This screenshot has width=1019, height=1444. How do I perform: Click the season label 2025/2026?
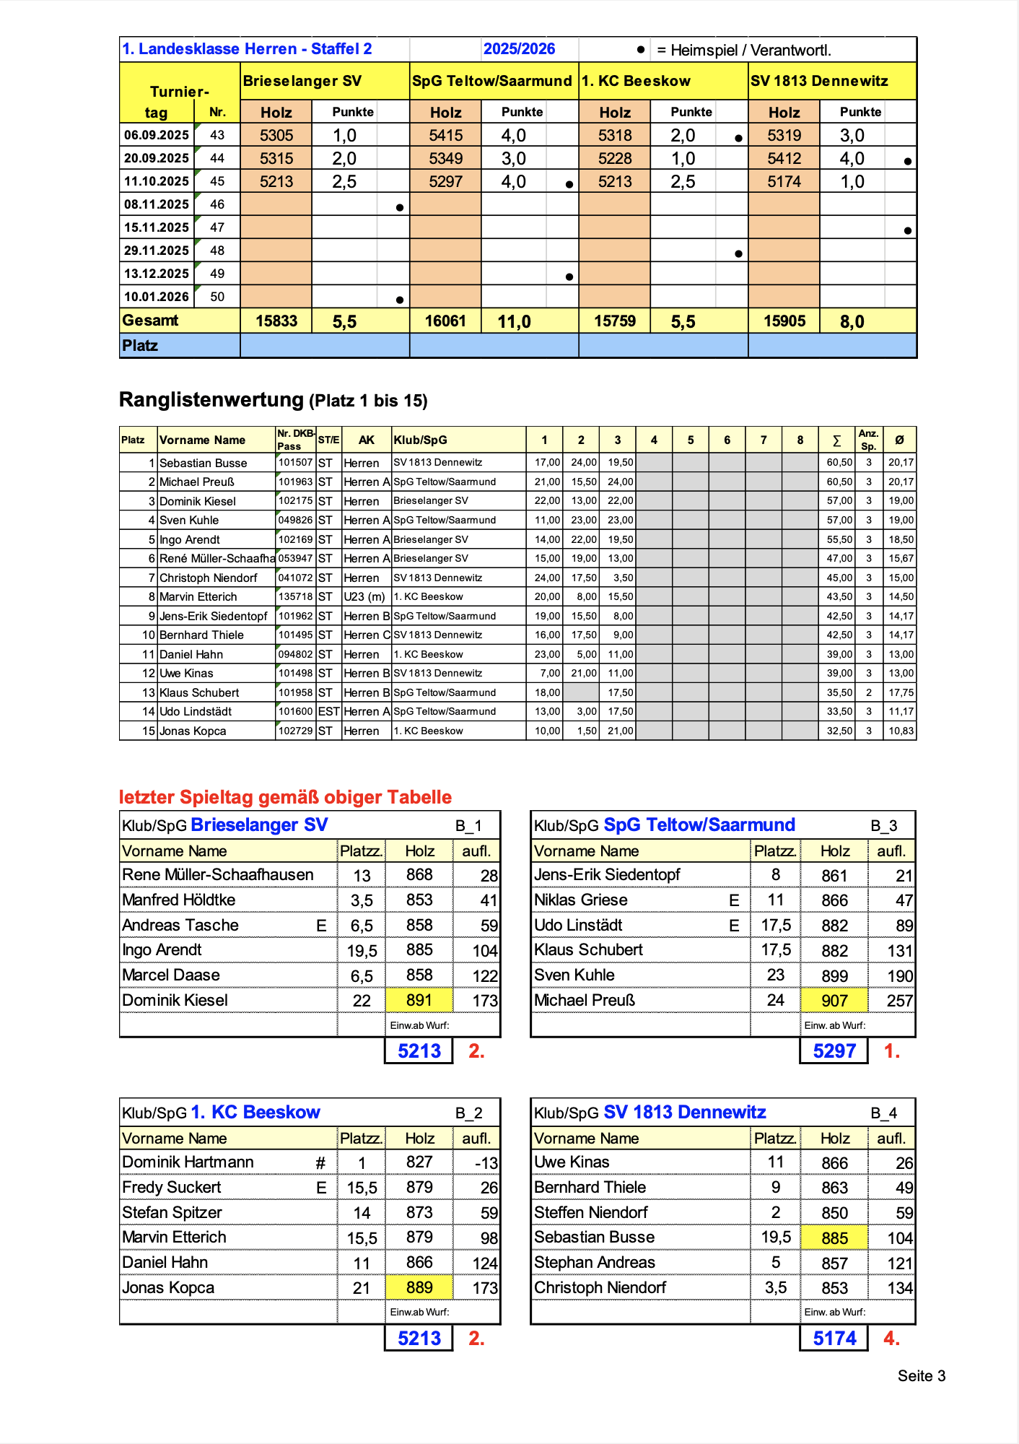click(519, 49)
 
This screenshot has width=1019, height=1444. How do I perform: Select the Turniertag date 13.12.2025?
click(157, 274)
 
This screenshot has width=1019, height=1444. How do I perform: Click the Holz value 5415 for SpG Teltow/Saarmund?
click(445, 136)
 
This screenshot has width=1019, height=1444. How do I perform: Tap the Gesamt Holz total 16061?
click(445, 321)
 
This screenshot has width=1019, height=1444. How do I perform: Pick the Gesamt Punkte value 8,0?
click(852, 322)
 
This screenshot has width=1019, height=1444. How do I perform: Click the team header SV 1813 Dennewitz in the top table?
click(819, 81)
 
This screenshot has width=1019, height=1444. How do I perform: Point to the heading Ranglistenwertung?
click(211, 399)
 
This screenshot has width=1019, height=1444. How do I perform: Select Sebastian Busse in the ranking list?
click(204, 463)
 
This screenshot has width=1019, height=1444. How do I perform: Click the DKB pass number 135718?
click(295, 596)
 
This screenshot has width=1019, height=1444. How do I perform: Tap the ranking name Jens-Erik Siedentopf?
click(214, 616)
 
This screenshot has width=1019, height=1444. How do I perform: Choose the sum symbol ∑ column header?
click(836, 440)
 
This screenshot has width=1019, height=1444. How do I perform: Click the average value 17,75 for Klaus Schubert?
click(901, 692)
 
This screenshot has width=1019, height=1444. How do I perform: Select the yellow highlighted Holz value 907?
click(834, 1001)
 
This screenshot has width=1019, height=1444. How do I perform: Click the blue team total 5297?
click(834, 1051)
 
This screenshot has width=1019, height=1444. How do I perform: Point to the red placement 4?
click(891, 1339)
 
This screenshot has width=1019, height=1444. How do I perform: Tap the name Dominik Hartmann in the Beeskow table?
click(188, 1162)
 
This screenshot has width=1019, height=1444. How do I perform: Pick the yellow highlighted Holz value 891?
click(419, 1000)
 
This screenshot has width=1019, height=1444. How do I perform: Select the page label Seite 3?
click(921, 1376)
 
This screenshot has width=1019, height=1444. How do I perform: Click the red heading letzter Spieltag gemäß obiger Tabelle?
click(285, 797)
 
